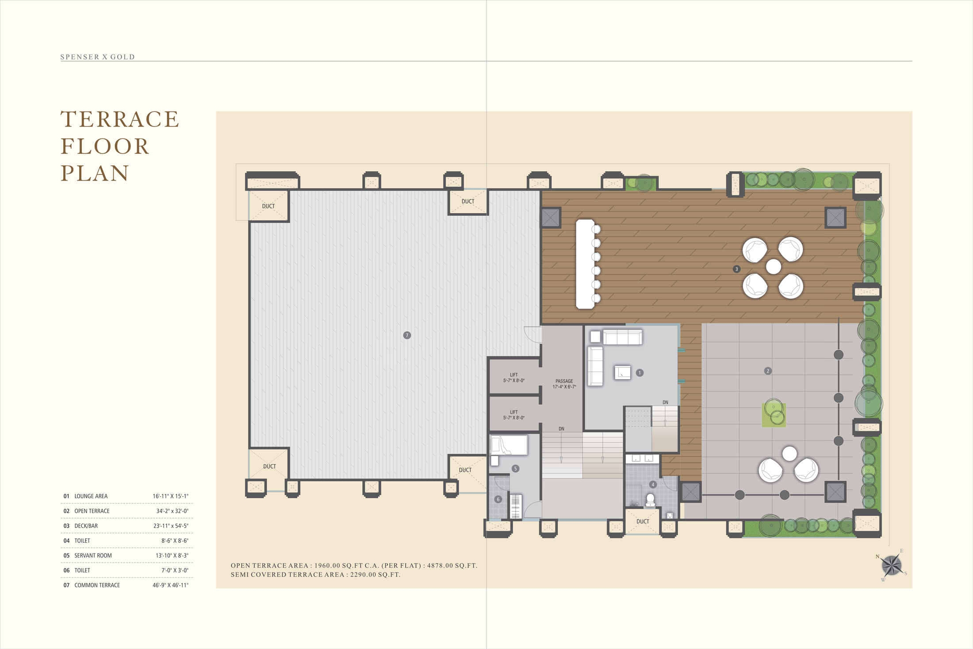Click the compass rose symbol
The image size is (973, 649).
tap(891, 565)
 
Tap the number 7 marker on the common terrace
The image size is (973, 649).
tap(407, 335)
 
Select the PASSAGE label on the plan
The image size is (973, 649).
tap(564, 381)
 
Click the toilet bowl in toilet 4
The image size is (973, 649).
tap(650, 500)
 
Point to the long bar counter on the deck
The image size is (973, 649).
tap(585, 264)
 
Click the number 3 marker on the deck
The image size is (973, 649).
tap(736, 269)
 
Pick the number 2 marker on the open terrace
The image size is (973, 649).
tap(768, 371)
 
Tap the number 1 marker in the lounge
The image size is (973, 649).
tap(640, 373)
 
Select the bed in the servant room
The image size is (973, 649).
tap(509, 445)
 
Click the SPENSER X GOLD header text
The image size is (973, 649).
tap(98, 57)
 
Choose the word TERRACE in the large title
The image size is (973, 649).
tap(119, 119)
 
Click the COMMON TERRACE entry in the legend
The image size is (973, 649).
tap(97, 585)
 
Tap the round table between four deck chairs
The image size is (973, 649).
tap(773, 266)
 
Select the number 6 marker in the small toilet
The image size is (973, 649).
tap(498, 499)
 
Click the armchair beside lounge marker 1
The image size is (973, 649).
tap(622, 373)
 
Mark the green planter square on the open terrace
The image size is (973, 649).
tap(774, 415)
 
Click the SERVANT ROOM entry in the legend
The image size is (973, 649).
tap(93, 556)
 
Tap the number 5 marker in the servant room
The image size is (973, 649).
tap(515, 469)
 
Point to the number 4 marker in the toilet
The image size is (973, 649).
tap(653, 484)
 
